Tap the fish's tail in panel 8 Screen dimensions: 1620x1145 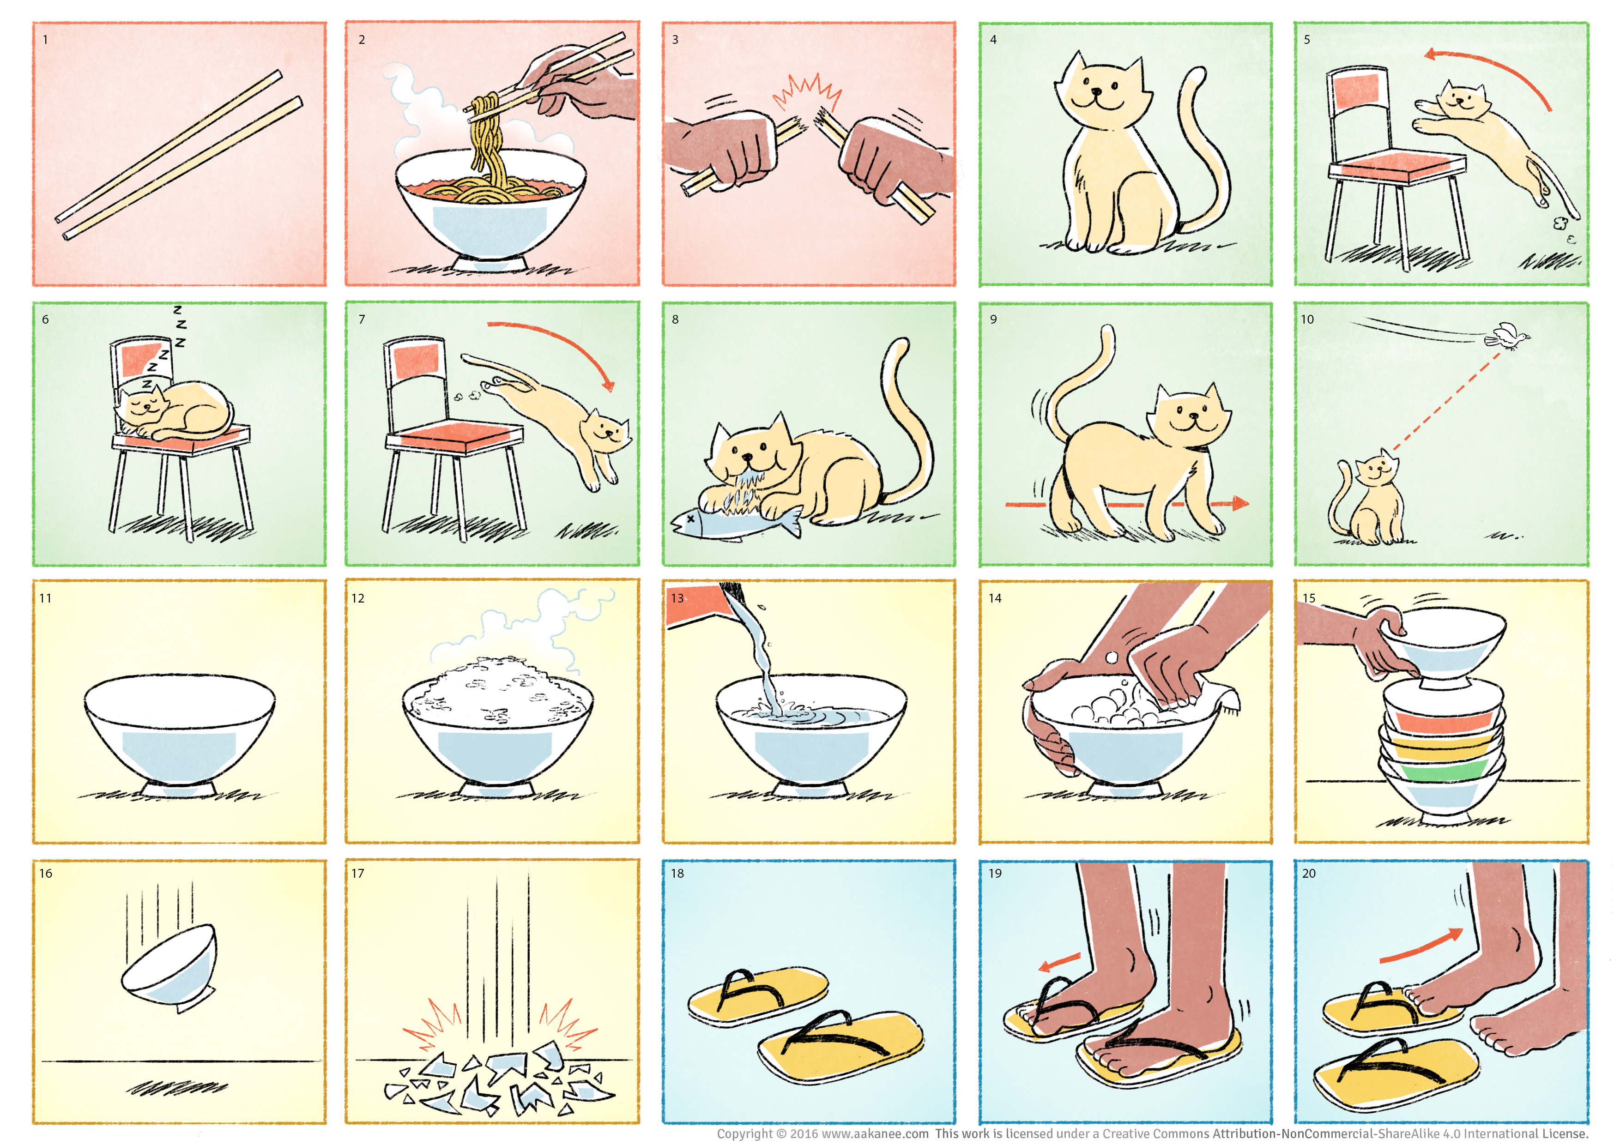[x=793, y=521]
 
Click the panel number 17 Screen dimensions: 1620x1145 [x=358, y=874]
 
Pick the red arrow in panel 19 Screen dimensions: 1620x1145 [x=1060, y=962]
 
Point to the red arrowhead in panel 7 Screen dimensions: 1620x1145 [x=608, y=385]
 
